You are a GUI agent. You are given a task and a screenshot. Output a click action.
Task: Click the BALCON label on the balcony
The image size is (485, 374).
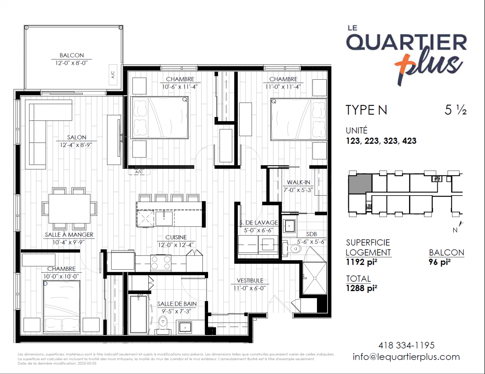click(71, 55)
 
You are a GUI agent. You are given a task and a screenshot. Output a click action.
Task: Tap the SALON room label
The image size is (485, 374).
click(77, 137)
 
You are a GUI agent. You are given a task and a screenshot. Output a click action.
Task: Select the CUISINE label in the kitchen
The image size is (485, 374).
click(176, 237)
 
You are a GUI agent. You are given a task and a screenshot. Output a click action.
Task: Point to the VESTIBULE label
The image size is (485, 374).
click(250, 280)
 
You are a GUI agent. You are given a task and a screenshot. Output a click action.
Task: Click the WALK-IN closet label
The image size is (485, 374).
click(298, 182)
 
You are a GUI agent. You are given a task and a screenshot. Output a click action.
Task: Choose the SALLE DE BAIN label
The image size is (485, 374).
click(177, 304)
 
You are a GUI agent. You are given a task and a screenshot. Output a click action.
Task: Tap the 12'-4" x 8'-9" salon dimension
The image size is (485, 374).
click(76, 145)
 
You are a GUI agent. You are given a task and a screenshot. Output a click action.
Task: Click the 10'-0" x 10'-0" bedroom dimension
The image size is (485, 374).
click(61, 276)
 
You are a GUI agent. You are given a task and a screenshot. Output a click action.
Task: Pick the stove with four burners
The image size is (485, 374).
click(161, 263)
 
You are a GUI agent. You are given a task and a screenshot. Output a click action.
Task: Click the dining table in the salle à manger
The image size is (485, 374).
click(69, 209)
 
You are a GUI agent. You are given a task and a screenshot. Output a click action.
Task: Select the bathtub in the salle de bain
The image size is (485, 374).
click(138, 315)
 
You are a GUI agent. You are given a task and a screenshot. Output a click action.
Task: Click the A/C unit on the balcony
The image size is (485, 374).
click(113, 75)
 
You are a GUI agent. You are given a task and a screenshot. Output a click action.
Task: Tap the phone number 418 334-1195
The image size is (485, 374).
click(406, 346)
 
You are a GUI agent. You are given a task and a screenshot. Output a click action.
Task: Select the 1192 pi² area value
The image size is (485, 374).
click(362, 262)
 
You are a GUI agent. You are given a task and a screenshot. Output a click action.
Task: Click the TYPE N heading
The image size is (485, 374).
click(366, 110)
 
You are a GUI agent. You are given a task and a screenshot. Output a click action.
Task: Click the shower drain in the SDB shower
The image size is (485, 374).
click(314, 278)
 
